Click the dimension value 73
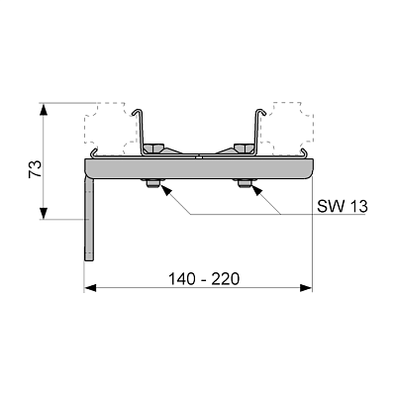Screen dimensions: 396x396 pyautogui.click(x=36, y=168)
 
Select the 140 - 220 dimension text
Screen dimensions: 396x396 pyautogui.click(x=204, y=279)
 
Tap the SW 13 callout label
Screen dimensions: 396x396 pyautogui.click(x=343, y=206)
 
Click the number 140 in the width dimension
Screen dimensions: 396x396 pyautogui.click(x=181, y=279)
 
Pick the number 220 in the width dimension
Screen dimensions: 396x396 pyautogui.click(x=226, y=279)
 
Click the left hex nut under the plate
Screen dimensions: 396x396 pyautogui.click(x=152, y=183)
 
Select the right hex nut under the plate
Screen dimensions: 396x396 pyautogui.click(x=245, y=183)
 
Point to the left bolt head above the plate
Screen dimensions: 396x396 pyautogui.click(x=154, y=148)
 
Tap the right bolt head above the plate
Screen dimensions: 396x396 pyautogui.click(x=244, y=148)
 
